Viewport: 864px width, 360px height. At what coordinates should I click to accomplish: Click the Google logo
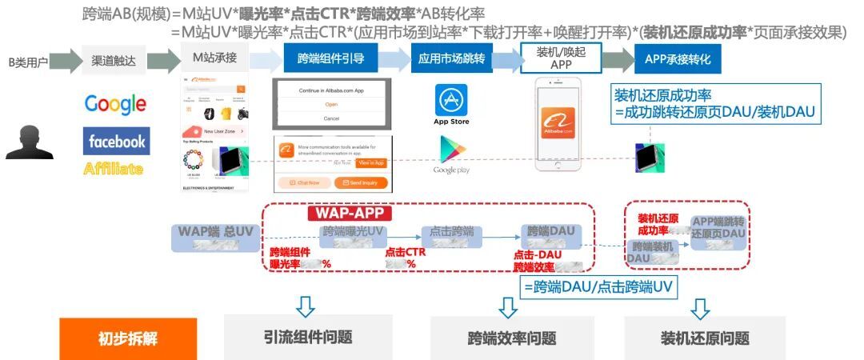[x=115, y=104]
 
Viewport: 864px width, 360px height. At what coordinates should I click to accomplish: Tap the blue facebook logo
[x=116, y=142]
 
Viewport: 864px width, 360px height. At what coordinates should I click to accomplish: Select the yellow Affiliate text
[x=114, y=168]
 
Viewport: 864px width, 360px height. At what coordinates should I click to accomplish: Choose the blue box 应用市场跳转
[x=452, y=58]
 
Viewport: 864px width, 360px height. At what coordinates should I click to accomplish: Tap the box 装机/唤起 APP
[x=561, y=58]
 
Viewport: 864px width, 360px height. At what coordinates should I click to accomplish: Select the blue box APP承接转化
[x=678, y=58]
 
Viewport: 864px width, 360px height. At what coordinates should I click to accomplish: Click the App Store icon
[x=451, y=102]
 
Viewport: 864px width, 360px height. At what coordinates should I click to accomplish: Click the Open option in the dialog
[x=331, y=104]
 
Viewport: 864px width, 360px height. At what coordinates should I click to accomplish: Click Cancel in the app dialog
[x=331, y=118]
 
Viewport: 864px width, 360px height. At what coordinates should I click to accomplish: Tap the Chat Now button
[x=303, y=182]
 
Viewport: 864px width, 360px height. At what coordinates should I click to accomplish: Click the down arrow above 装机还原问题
[x=701, y=308]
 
